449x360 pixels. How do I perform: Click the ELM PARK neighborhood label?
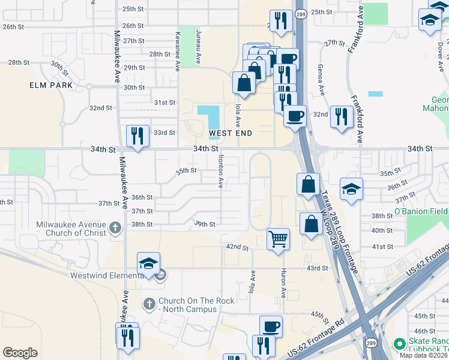[51, 85]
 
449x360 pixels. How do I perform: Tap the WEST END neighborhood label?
[230, 132]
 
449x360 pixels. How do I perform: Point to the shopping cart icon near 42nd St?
[278, 239]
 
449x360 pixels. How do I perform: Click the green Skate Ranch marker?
[399, 344]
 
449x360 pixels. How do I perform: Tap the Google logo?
[20, 353]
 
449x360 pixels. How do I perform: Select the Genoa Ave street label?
[321, 80]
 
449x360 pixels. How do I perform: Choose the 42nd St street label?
[237, 247]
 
